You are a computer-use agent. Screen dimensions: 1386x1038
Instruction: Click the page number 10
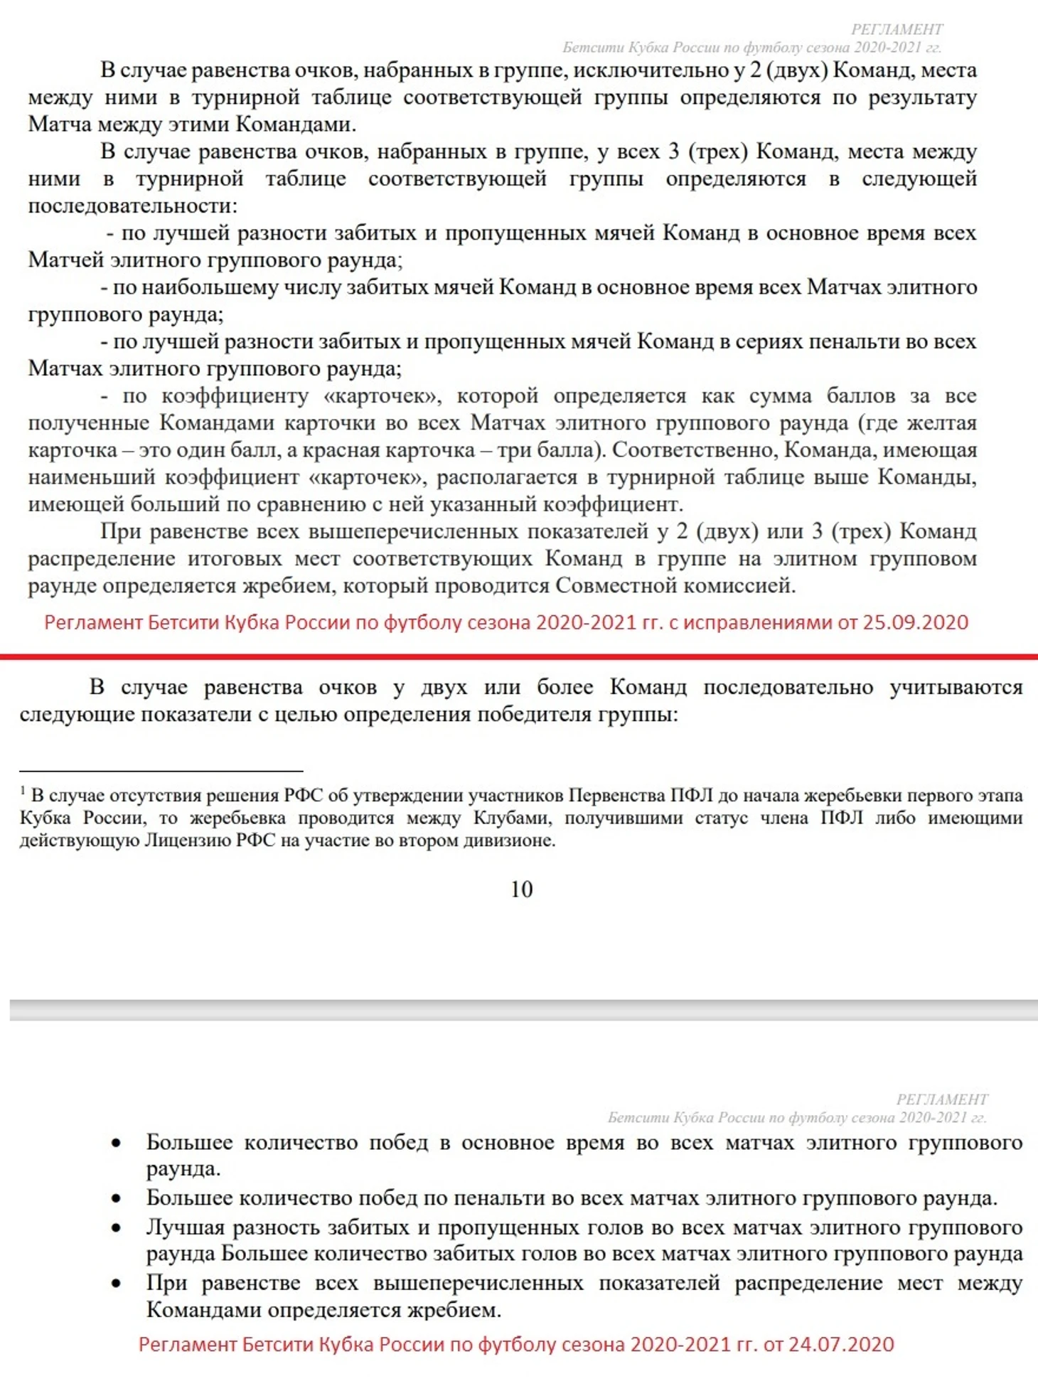point(521,889)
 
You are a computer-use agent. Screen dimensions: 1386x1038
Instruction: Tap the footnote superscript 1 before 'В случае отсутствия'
point(23,791)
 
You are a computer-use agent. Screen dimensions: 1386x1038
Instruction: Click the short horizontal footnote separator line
point(161,771)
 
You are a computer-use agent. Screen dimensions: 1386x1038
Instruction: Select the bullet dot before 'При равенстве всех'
point(117,1284)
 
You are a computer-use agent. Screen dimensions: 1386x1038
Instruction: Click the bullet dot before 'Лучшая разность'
point(117,1228)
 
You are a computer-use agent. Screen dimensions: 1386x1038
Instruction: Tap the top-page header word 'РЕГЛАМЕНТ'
point(897,29)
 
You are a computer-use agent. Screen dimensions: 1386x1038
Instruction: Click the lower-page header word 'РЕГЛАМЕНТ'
point(941,1099)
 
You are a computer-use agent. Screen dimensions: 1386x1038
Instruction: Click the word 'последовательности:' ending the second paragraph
point(133,206)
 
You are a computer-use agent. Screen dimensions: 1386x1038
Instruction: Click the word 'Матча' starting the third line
point(59,124)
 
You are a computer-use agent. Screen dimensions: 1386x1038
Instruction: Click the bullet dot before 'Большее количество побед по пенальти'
point(117,1199)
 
